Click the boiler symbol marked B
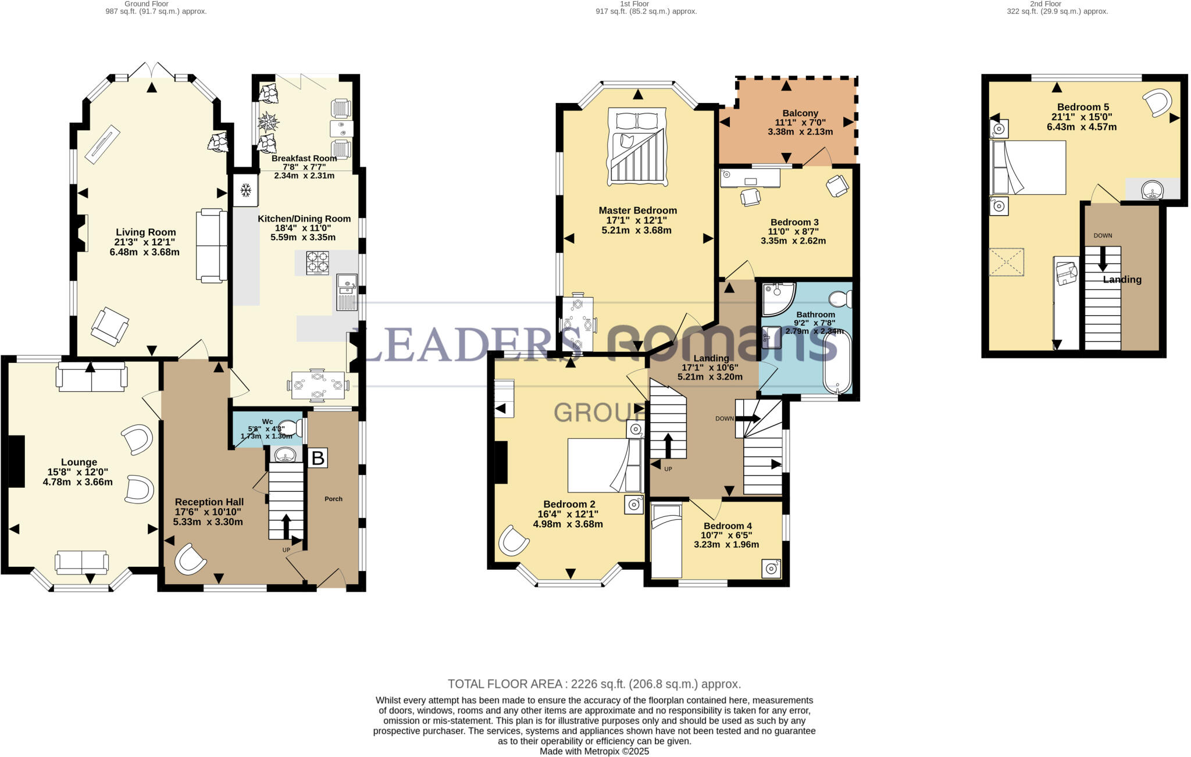pyautogui.click(x=317, y=458)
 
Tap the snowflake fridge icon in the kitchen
pyautogui.click(x=245, y=190)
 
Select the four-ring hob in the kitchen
pyautogui.click(x=318, y=262)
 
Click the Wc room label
pyautogui.click(x=267, y=422)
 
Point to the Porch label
pyautogui.click(x=333, y=499)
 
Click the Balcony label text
pyautogui.click(x=800, y=113)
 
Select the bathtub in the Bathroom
pyautogui.click(x=837, y=362)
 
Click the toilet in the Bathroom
pyautogui.click(x=840, y=299)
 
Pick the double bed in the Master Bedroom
pyautogui.click(x=637, y=147)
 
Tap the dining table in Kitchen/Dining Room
pyautogui.click(x=318, y=385)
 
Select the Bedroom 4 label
pyautogui.click(x=727, y=526)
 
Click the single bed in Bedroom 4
pyautogui.click(x=666, y=541)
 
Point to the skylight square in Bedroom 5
pyautogui.click(x=1006, y=262)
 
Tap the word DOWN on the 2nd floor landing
pyautogui.click(x=1103, y=235)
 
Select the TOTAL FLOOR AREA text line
pyautogui.click(x=594, y=684)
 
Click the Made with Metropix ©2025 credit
pyautogui.click(x=594, y=751)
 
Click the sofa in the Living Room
pyautogui.click(x=212, y=245)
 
